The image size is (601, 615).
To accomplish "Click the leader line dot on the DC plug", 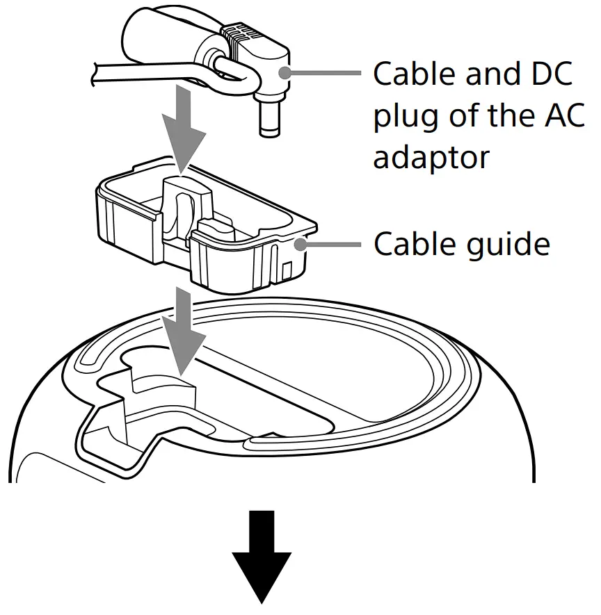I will (x=285, y=72).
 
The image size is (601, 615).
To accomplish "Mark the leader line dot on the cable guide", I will (x=300, y=243).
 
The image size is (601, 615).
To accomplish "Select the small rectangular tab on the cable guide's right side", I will (x=286, y=267).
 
